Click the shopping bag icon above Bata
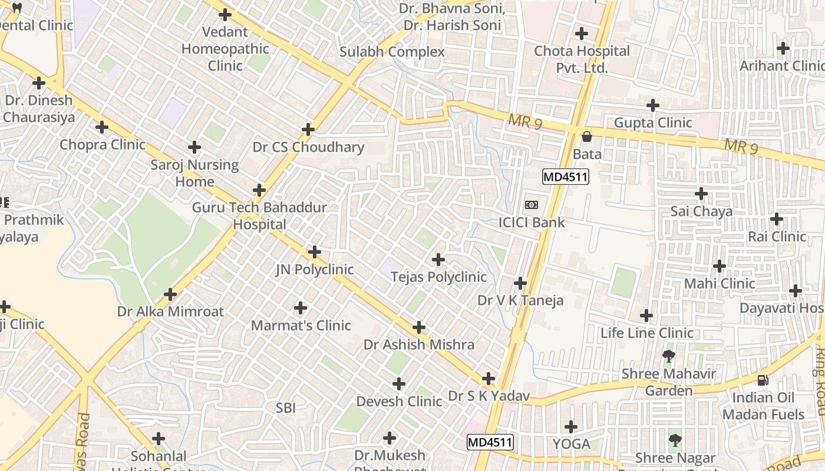587,137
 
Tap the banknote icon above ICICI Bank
532,205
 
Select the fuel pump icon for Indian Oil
763,380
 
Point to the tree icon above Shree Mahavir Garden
669,356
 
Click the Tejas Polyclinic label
438,277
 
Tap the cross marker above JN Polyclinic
315,252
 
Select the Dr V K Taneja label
520,300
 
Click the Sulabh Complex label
392,52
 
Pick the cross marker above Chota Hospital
582,34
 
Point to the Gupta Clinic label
653,122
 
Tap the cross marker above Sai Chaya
701,194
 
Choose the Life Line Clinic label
646,333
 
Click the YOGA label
571,443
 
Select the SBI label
286,407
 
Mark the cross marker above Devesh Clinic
399,384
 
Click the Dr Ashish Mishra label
419,344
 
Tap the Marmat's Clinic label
301,325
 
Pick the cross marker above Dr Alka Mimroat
170,294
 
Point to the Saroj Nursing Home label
194,173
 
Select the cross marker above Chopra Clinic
102,127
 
